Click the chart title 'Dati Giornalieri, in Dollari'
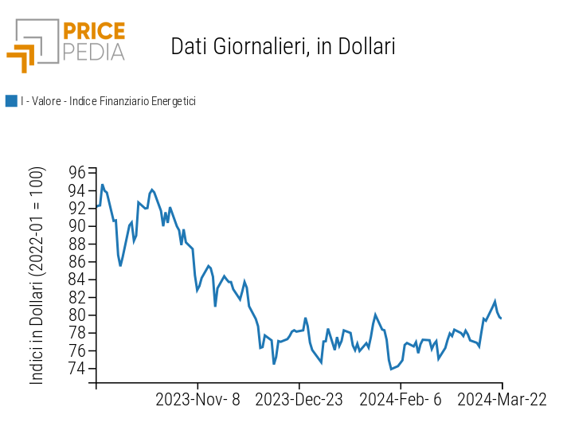[x=283, y=47]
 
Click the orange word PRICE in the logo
[x=94, y=32]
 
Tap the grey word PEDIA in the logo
[x=94, y=52]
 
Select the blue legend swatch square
[x=11, y=101]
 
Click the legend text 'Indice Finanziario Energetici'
[x=132, y=101]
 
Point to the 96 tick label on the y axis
[x=76, y=172]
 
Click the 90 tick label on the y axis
[x=76, y=225]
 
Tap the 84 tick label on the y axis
[x=76, y=280]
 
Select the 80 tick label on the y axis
[x=76, y=315]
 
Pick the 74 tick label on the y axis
[x=76, y=369]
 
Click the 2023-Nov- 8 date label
[x=197, y=400]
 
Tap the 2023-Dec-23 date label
[x=299, y=400]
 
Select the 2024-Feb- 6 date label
[x=401, y=400]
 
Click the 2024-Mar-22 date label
[x=502, y=400]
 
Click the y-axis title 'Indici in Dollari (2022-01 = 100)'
[x=37, y=276]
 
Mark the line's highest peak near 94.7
[x=102, y=185]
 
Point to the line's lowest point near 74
[x=391, y=369]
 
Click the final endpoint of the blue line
[x=501, y=318]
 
